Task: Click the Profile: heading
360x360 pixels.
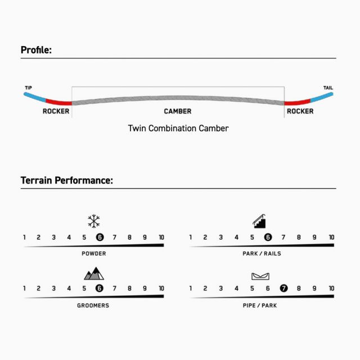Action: (36, 50)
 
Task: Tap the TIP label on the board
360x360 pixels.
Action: (29, 88)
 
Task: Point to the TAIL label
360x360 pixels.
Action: (328, 88)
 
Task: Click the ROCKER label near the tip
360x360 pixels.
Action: (56, 111)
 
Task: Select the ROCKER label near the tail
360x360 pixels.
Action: (300, 111)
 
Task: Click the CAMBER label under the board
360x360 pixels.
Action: (178, 111)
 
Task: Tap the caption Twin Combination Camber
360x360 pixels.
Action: (178, 128)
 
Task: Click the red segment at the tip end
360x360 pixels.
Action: (58, 102)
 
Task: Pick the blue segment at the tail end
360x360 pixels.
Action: (321, 97)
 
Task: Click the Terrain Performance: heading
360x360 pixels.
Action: (67, 181)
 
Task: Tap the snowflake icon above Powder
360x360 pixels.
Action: (94, 221)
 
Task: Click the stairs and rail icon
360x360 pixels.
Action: (259, 221)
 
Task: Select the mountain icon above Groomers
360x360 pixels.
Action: (94, 274)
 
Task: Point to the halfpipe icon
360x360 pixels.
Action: (260, 276)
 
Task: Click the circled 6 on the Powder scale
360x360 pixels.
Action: (100, 237)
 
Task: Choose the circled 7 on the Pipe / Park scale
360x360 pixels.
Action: (283, 288)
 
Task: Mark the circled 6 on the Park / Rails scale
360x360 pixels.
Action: (268, 237)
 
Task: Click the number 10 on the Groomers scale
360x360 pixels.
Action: (161, 289)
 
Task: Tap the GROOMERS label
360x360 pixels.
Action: (93, 305)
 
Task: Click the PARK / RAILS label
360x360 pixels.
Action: (262, 254)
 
